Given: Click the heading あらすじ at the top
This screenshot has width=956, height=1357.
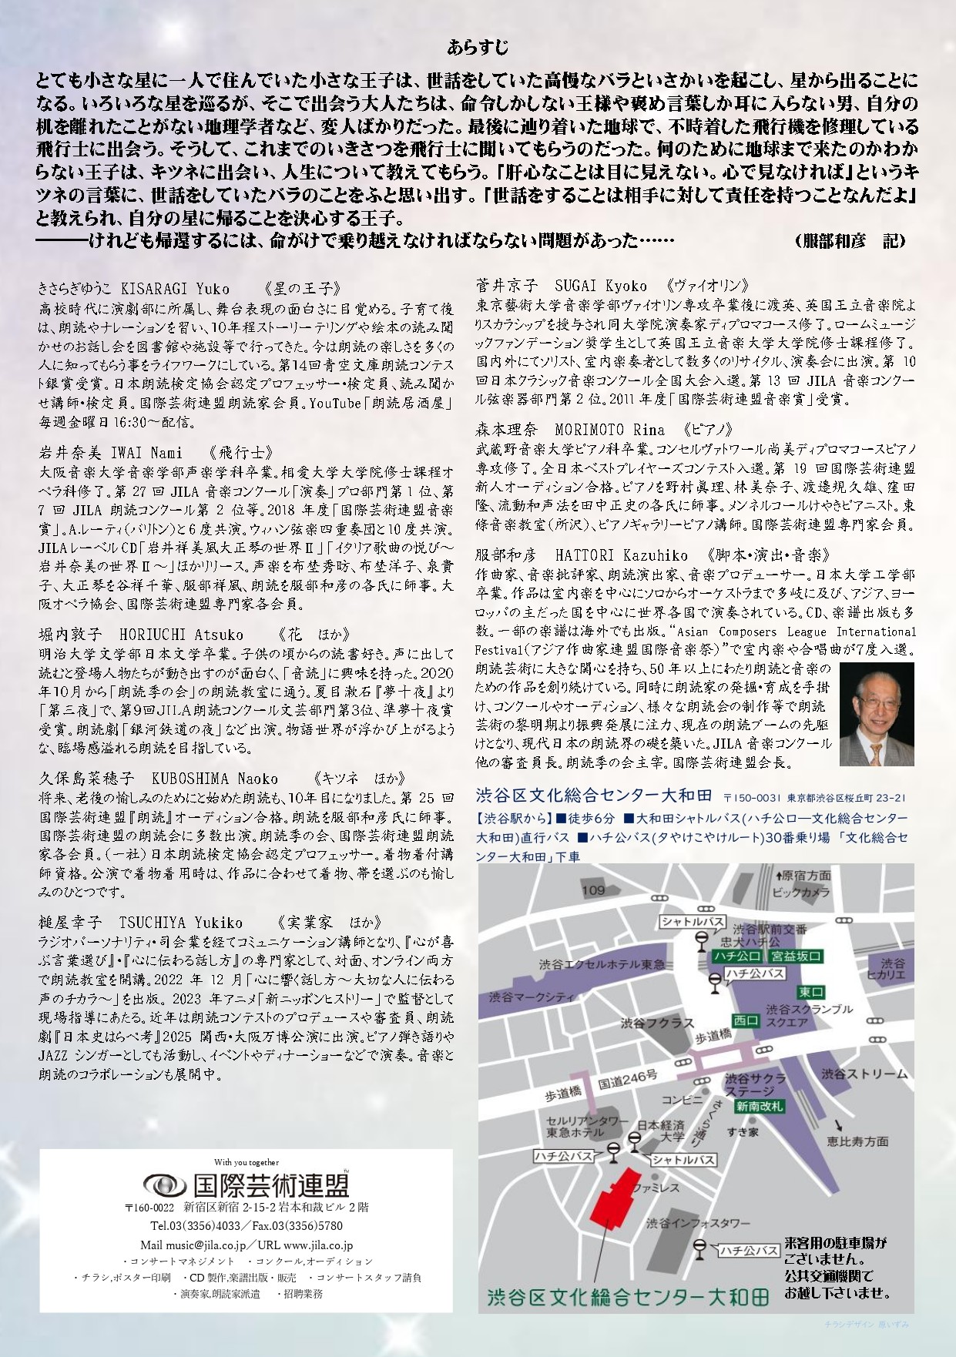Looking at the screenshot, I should tap(478, 48).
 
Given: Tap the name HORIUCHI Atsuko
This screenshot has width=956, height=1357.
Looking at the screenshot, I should tap(181, 635).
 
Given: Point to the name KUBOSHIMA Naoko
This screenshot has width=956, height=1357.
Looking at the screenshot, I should tap(214, 779).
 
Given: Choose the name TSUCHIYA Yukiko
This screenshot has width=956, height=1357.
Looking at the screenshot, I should tap(180, 923).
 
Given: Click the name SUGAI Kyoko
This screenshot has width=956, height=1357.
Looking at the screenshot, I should tap(601, 286).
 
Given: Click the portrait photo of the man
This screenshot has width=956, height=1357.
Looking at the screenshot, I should tap(876, 714).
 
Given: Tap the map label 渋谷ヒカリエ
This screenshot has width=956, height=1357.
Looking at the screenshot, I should tap(892, 969).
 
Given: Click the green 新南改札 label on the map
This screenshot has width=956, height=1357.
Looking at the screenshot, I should tap(759, 1107).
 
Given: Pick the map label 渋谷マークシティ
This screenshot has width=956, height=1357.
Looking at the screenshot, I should tap(532, 997).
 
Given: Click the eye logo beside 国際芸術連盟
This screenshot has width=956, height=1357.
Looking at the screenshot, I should tap(164, 1184).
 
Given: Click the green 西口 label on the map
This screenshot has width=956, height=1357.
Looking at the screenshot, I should tap(745, 1020).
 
